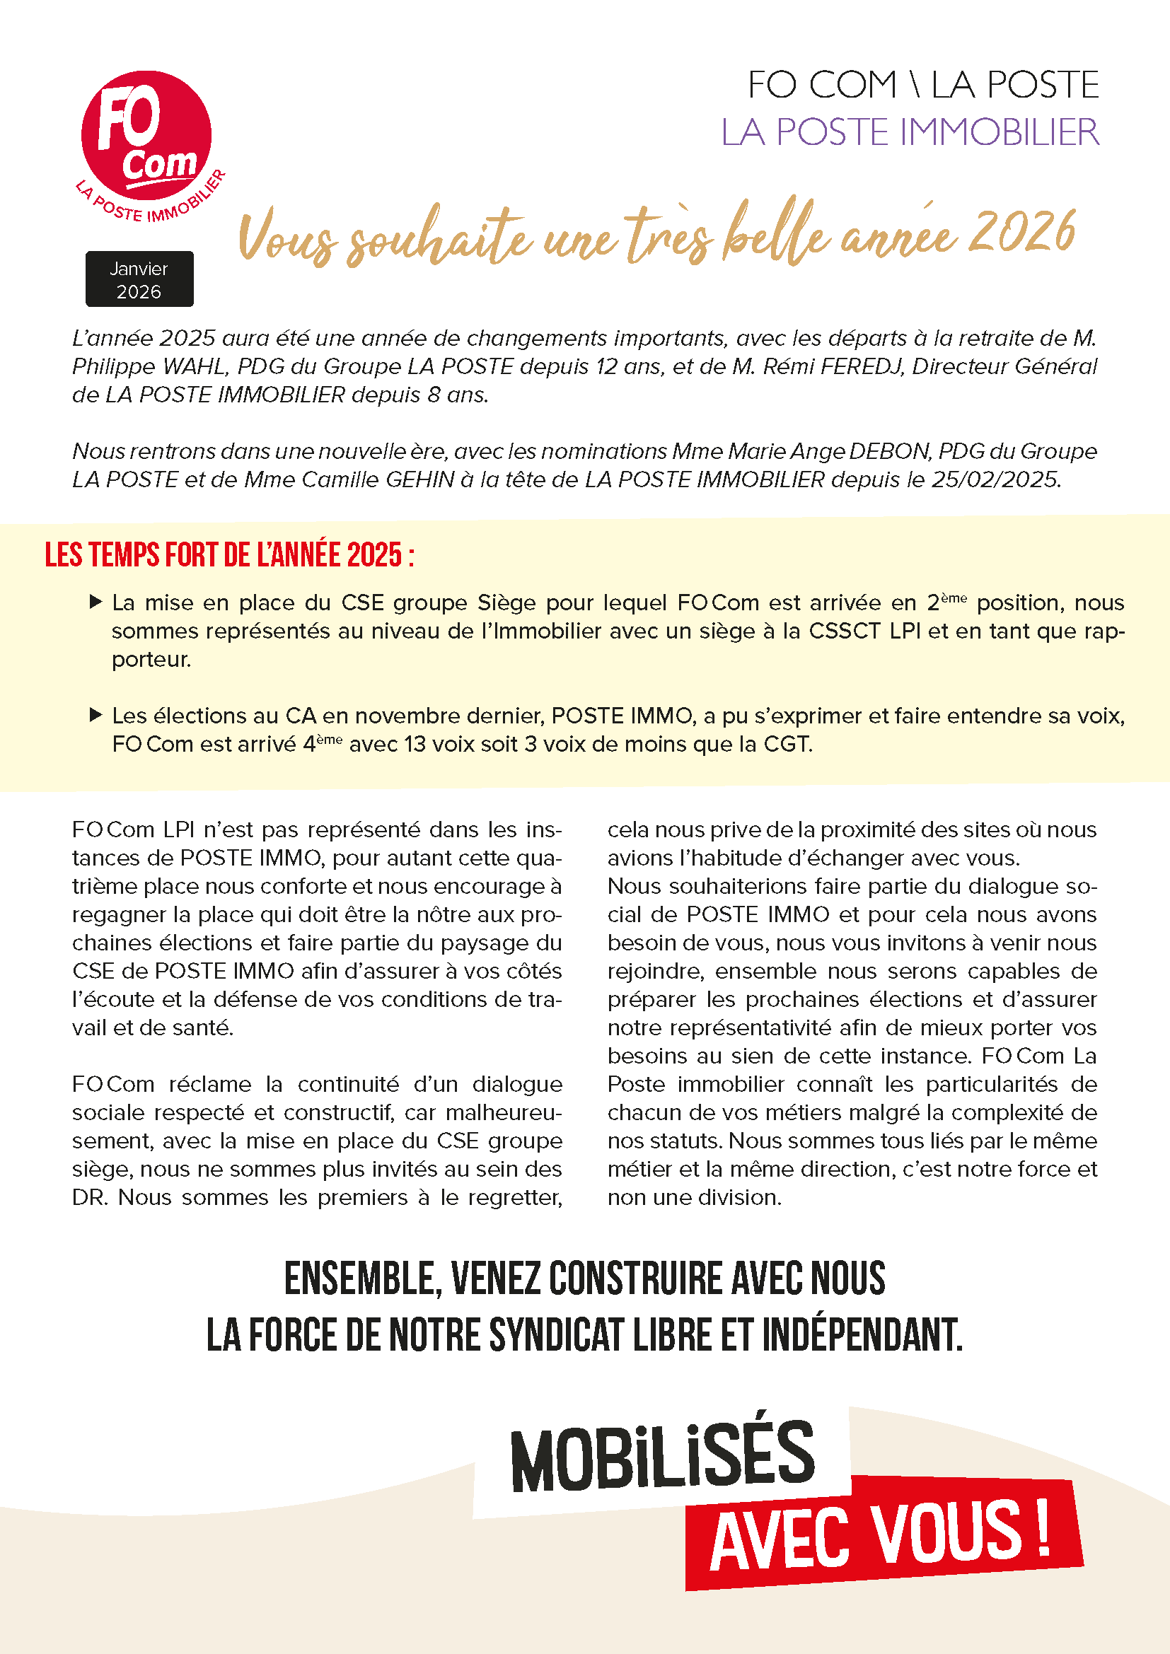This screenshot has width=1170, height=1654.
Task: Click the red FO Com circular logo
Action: click(x=146, y=136)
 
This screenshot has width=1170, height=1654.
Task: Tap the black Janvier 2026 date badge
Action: click(x=139, y=279)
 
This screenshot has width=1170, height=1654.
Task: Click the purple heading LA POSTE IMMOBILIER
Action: click(x=910, y=132)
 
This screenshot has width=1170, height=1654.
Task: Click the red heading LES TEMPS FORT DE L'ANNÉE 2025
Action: click(x=229, y=555)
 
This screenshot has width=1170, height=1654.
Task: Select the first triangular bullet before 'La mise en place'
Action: click(x=95, y=602)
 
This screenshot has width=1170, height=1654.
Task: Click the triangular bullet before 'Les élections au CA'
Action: click(x=95, y=715)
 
